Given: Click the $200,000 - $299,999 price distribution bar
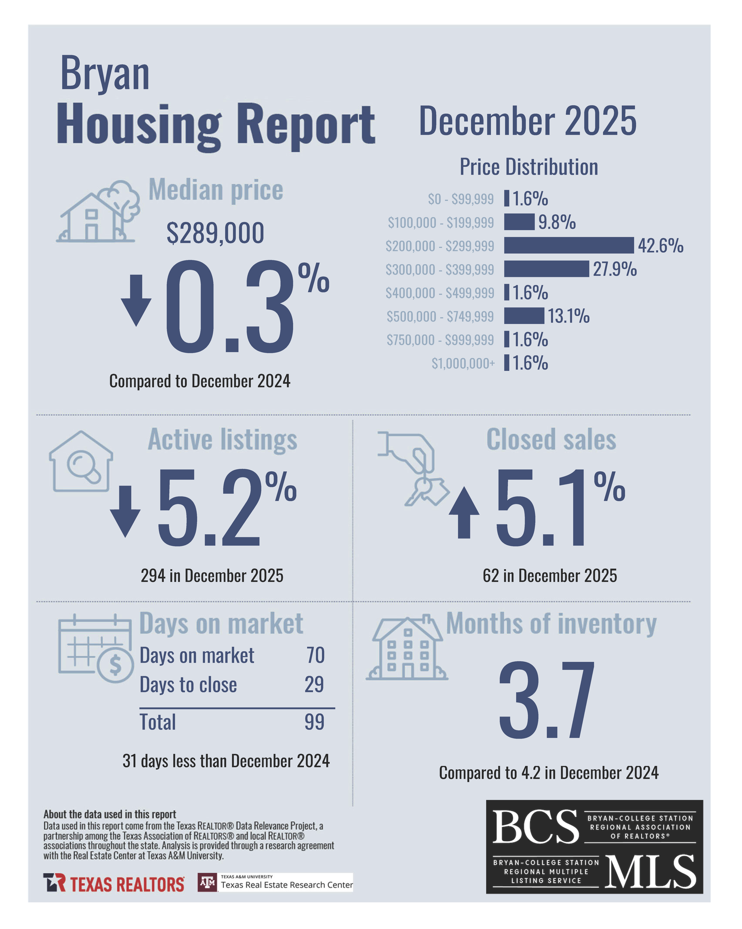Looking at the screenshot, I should point(568,245).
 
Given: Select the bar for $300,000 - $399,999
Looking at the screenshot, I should point(546,269).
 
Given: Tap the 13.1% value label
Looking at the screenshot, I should point(568,316).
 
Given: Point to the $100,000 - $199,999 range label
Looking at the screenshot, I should point(440,222).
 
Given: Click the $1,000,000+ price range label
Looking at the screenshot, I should point(463,363).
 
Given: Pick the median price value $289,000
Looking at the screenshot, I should point(215,233).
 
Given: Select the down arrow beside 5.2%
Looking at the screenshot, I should point(125,511).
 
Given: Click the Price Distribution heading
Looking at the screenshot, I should point(529,167).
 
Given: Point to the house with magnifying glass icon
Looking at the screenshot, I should point(81,461).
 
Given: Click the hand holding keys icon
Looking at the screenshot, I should point(413,468).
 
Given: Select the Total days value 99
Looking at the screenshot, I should point(314,722).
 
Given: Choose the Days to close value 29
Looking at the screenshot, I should point(314,684).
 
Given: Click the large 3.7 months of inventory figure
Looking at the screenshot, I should point(546,700).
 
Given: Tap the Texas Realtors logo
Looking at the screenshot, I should point(114,883).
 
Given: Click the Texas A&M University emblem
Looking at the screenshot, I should point(208,883).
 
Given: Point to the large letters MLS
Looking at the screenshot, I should point(650,872).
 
